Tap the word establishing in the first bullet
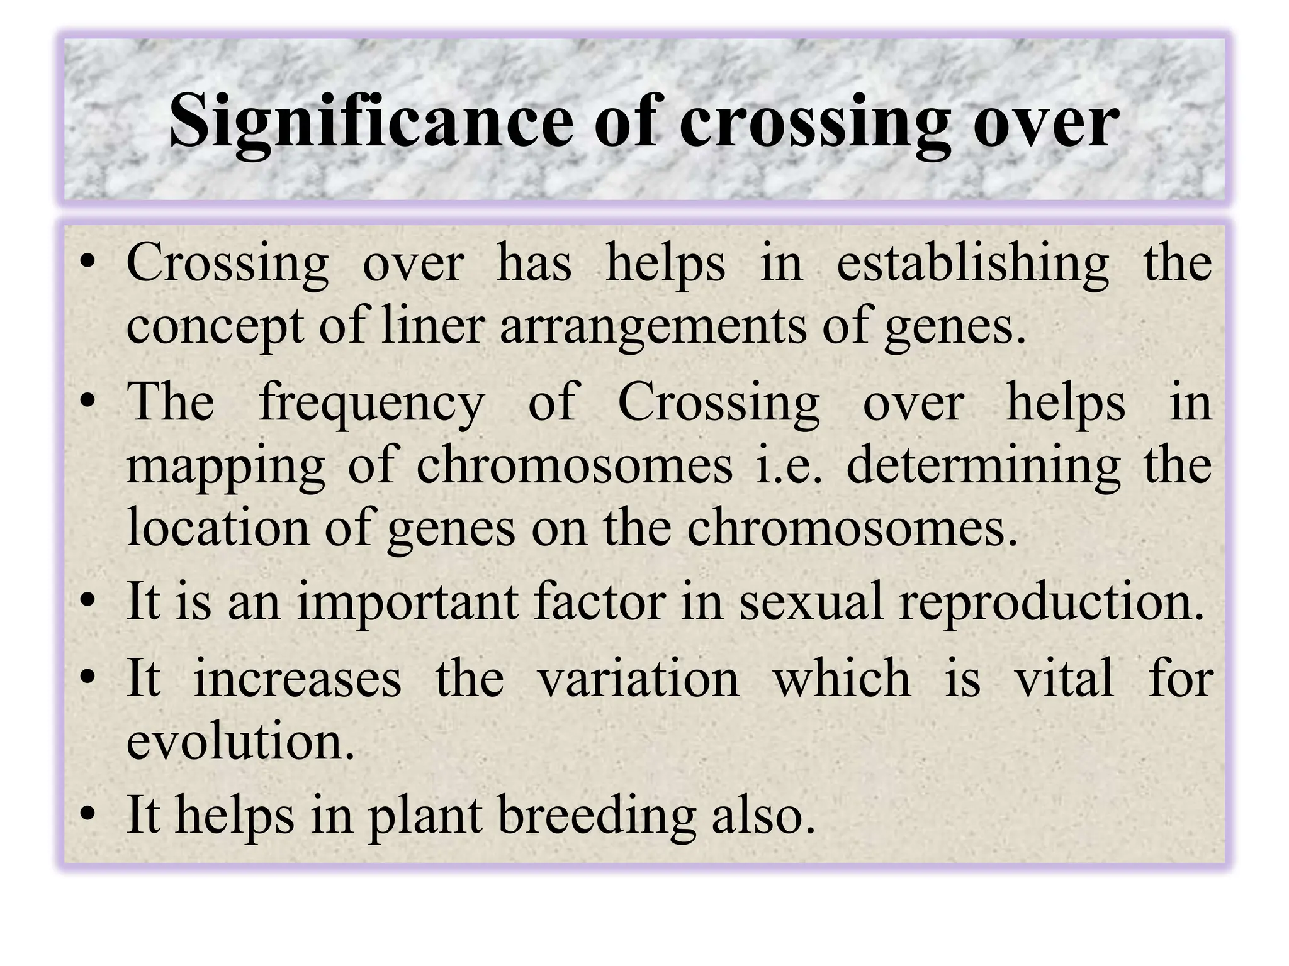point(972,264)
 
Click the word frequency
point(372,404)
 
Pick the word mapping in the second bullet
point(226,467)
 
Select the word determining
point(982,467)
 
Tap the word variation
point(638,679)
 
